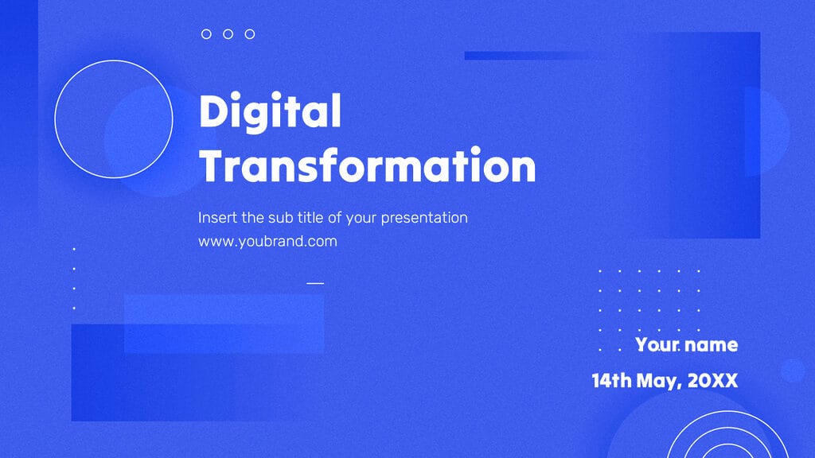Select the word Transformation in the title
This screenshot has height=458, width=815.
point(367,167)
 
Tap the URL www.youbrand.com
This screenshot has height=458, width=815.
point(267,242)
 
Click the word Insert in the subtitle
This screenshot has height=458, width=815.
point(216,217)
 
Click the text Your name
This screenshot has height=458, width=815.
point(686,345)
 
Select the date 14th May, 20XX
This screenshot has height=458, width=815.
point(665,381)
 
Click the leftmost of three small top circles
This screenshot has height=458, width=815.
point(207,34)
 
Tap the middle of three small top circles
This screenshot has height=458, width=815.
point(228,34)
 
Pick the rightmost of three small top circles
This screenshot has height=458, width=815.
point(250,34)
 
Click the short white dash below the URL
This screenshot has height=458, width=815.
point(316,282)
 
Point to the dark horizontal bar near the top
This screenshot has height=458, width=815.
point(525,56)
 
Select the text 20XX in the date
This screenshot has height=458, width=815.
point(713,381)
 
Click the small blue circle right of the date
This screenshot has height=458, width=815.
point(793,371)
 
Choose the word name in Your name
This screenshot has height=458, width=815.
point(711,345)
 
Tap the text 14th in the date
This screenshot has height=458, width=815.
point(611,381)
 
